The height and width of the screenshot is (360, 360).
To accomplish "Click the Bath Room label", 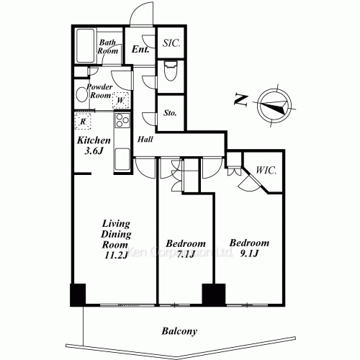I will coord(108,47).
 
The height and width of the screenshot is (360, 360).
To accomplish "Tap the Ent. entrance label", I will coord(140,50).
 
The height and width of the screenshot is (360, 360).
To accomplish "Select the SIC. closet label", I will coord(171,43).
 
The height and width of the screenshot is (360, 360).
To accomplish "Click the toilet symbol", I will coord(171,72).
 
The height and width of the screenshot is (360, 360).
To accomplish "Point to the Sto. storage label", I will coord(171,113).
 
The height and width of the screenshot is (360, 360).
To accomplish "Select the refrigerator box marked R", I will coord(84,122).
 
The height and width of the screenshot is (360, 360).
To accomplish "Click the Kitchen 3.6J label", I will coord(94,145).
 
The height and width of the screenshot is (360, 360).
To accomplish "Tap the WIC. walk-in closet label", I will coord(266,171).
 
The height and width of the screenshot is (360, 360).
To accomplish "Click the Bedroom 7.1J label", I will coord(186,249).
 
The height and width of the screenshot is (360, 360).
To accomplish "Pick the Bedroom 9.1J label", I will coord(249,249).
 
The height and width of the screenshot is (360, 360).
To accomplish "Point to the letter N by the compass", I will coord(240,101).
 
